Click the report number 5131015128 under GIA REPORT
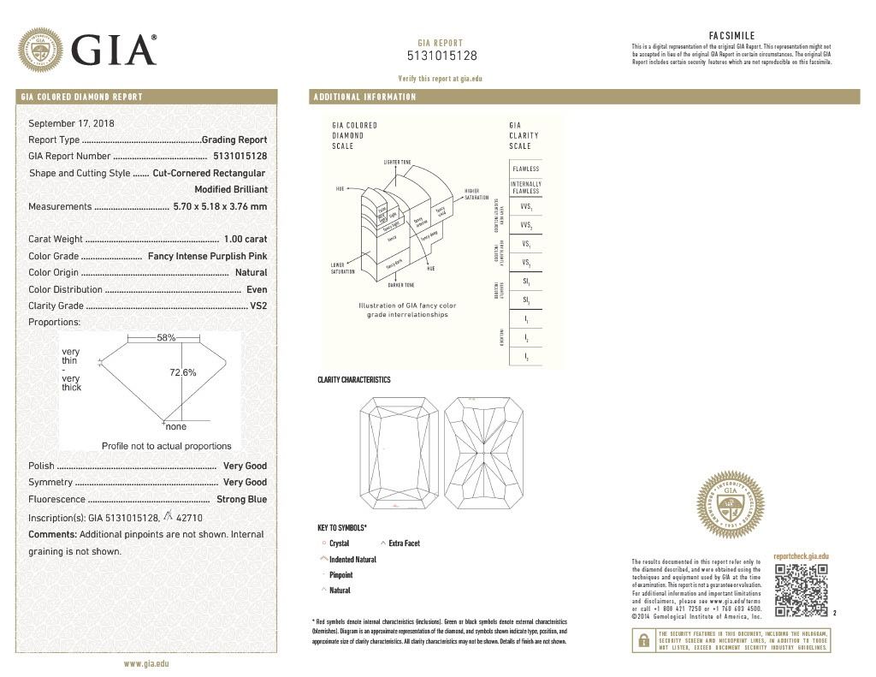(441, 56)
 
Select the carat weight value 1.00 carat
(246, 240)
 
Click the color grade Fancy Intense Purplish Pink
(208, 256)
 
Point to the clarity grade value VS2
(257, 306)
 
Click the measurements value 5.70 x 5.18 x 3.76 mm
(220, 206)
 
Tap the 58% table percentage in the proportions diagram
(166, 338)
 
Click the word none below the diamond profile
(176, 426)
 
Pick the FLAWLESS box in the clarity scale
(525, 169)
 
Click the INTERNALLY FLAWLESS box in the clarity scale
(525, 187)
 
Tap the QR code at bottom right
(801, 590)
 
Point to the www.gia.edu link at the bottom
(146, 663)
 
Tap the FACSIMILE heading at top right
(731, 35)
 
